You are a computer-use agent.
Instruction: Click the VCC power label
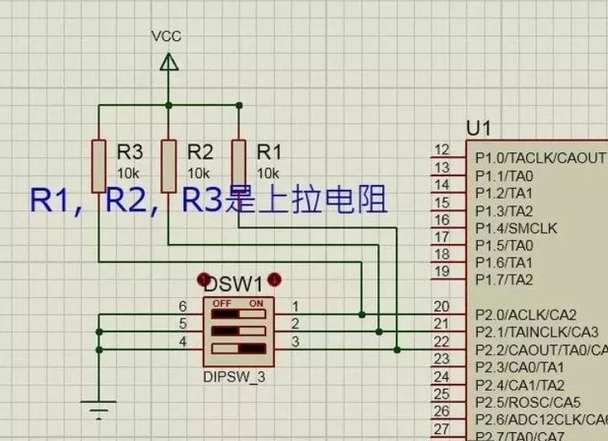pos(166,36)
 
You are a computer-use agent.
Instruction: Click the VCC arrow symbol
pos(168,62)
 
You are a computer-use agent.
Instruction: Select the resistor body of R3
pos(98,165)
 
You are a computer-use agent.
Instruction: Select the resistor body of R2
pos(168,165)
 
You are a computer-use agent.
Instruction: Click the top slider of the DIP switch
pos(238,306)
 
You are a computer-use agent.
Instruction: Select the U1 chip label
pos(479,129)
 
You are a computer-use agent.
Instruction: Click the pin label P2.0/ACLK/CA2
pos(525,315)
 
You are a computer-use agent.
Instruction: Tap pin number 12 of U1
pos(442,150)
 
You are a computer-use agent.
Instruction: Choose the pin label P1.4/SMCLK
pos(516,228)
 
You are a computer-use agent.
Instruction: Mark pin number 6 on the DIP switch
pos(183,307)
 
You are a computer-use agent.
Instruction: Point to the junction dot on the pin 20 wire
pos(363,314)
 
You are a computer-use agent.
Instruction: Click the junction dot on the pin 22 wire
pos(396,349)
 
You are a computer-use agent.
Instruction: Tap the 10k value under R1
pos(268,173)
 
